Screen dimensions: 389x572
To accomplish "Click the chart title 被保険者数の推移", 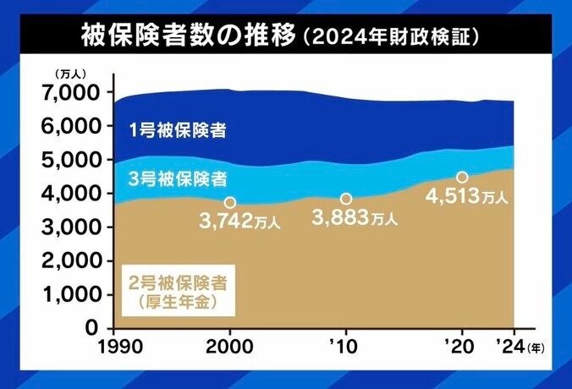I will point(188,36).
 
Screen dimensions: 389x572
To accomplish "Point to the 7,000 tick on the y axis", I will point(73,91).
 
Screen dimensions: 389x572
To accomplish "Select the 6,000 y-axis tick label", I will point(73,125).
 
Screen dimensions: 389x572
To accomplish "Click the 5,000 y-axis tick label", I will point(73,159).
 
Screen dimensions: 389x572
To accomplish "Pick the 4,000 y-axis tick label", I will point(73,193).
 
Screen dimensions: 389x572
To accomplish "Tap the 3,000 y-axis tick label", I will point(73,227).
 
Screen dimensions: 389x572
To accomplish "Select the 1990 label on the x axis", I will point(114,347).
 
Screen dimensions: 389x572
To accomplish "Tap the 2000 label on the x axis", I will point(229,347).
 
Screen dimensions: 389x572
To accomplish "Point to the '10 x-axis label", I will point(345,347).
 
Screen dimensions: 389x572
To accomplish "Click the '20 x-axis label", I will point(460,347).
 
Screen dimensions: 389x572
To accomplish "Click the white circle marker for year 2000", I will point(229,203).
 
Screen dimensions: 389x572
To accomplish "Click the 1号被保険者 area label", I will point(177,130).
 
